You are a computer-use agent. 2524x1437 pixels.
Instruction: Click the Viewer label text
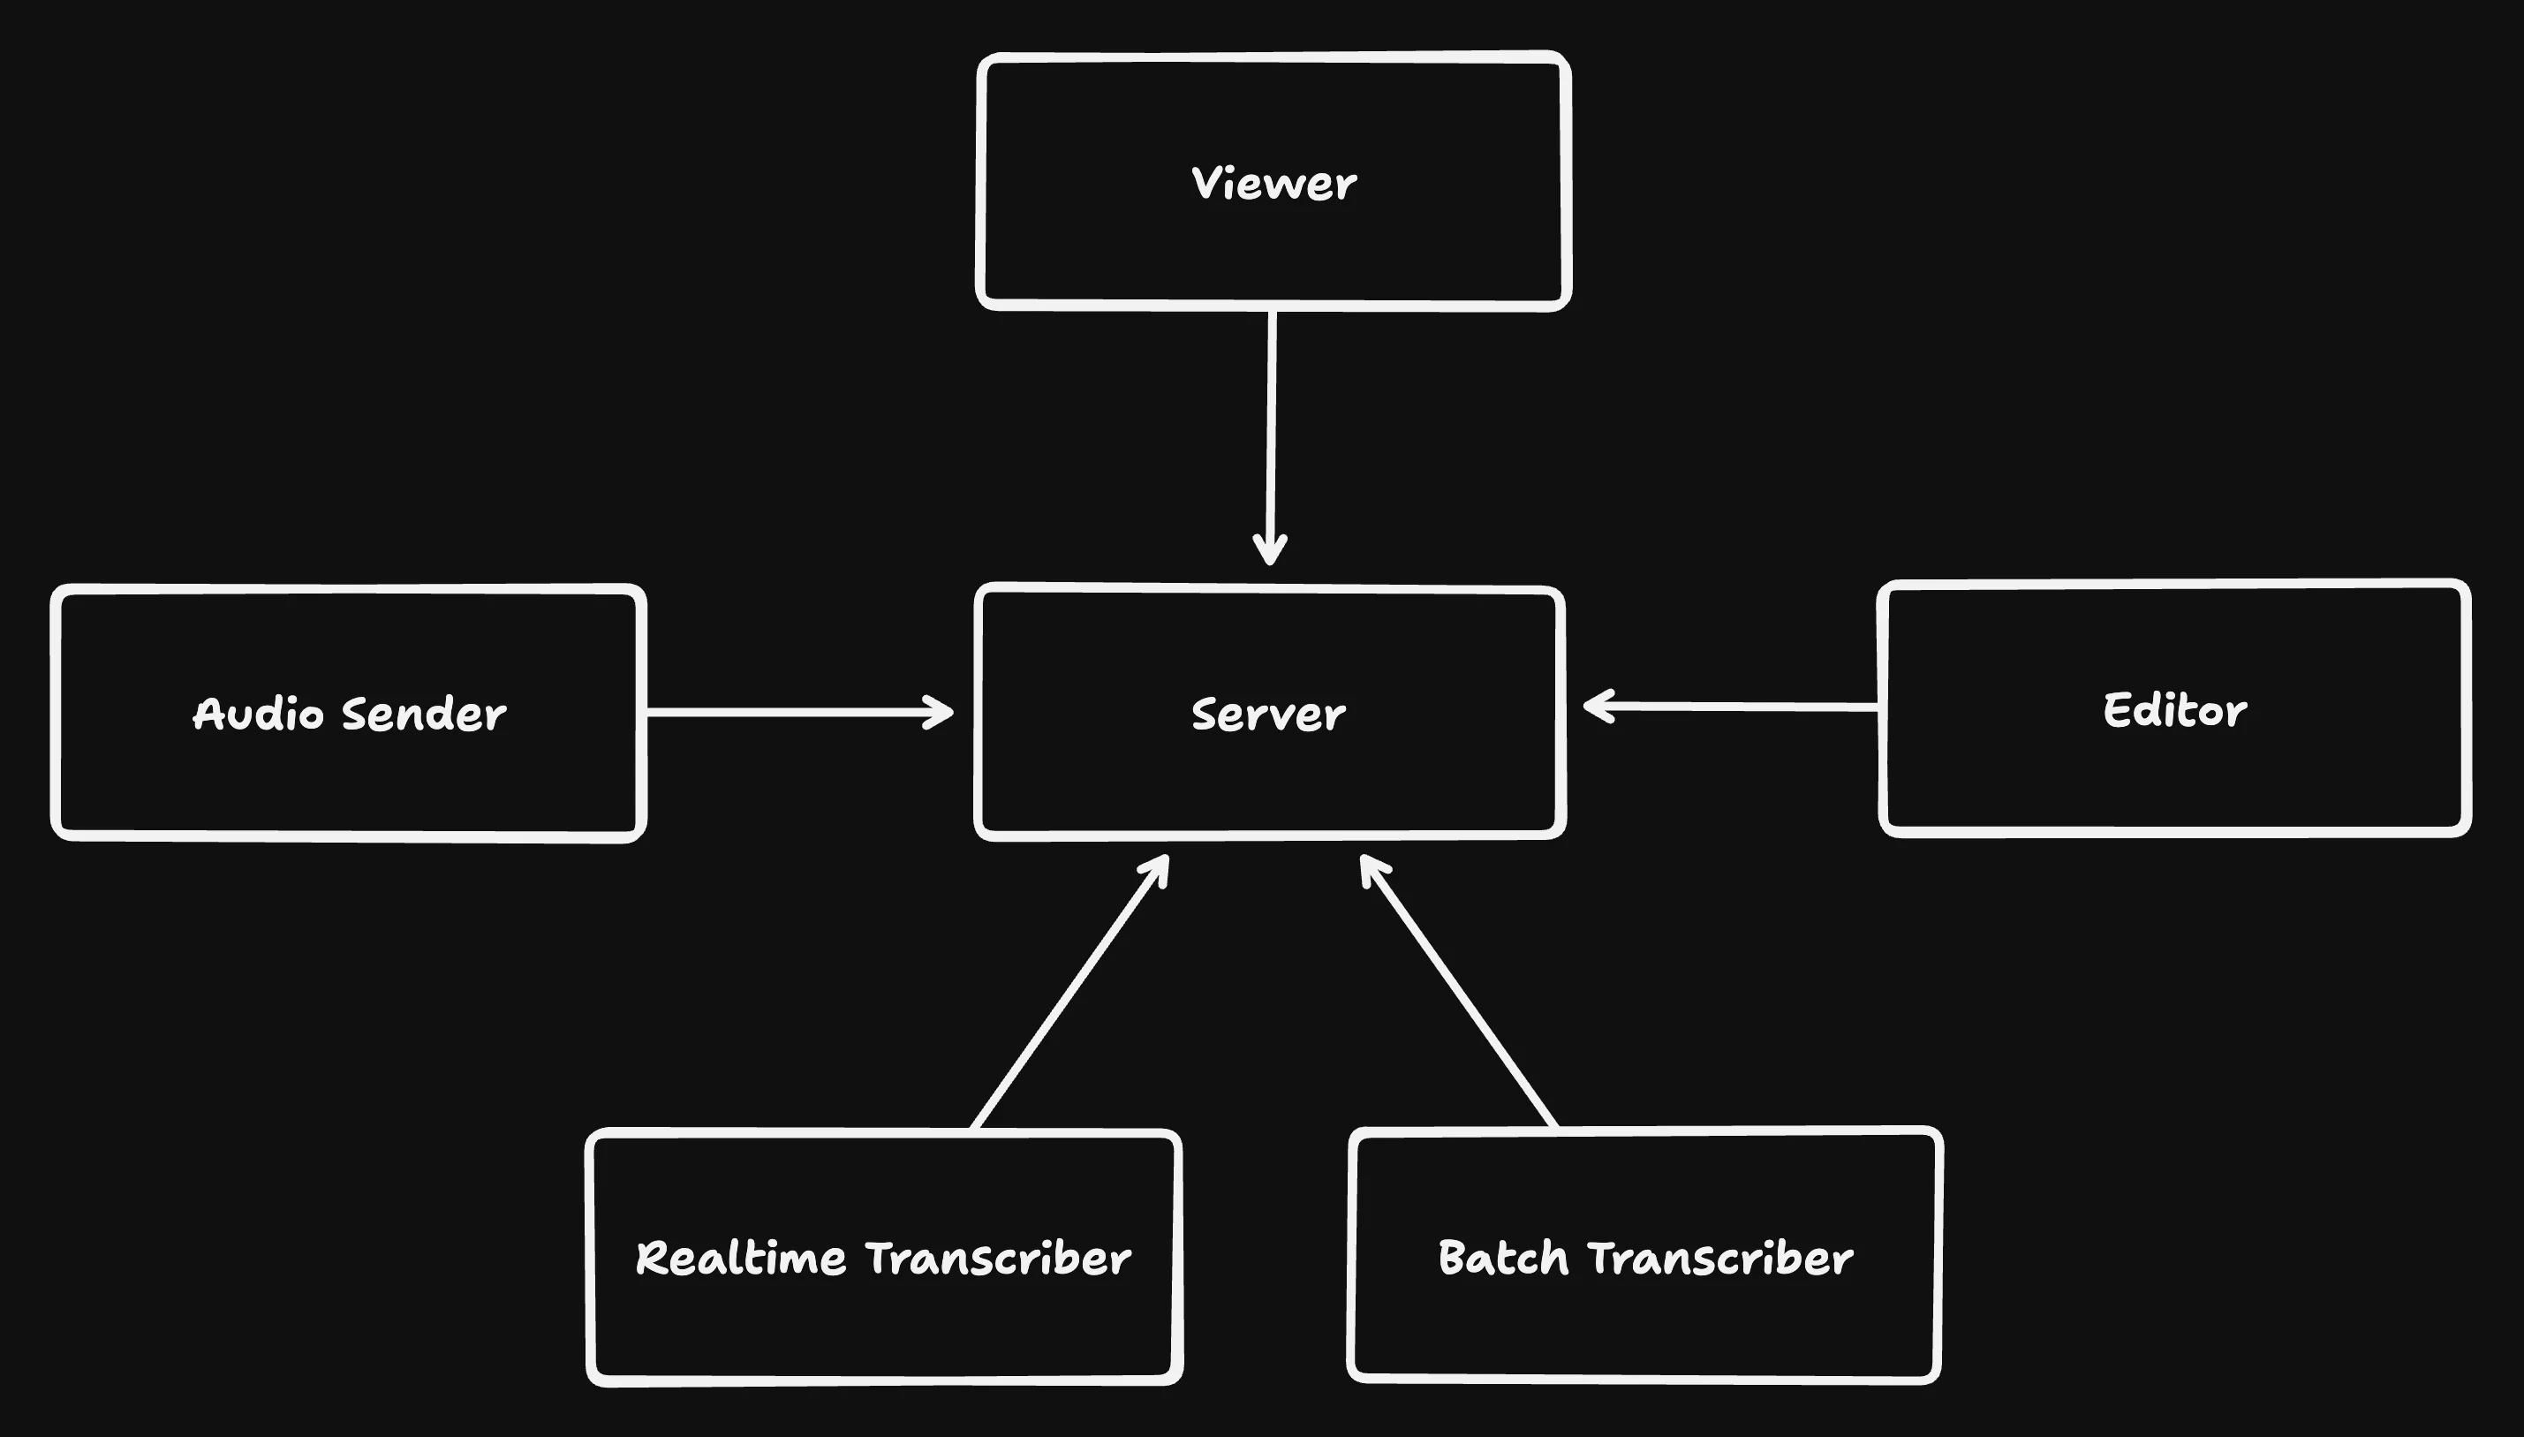[1273, 185]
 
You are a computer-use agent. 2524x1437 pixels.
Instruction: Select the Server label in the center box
[1268, 715]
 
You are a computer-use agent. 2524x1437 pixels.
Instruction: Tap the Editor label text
[2174, 711]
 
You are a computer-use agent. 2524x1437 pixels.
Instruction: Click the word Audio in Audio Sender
[258, 715]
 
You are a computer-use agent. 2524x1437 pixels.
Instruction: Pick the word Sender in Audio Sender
[424, 715]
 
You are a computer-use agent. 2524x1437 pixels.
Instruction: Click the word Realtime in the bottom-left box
[741, 1259]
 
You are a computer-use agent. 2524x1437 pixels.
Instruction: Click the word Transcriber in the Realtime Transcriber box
[998, 1259]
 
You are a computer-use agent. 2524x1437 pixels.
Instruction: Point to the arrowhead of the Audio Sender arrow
[943, 712]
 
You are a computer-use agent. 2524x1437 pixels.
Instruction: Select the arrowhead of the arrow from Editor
[1593, 706]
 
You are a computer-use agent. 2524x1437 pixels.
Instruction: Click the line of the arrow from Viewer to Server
[1271, 425]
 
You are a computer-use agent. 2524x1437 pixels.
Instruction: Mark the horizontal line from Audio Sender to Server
[790, 712]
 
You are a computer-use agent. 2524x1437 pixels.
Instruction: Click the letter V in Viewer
[1205, 183]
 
